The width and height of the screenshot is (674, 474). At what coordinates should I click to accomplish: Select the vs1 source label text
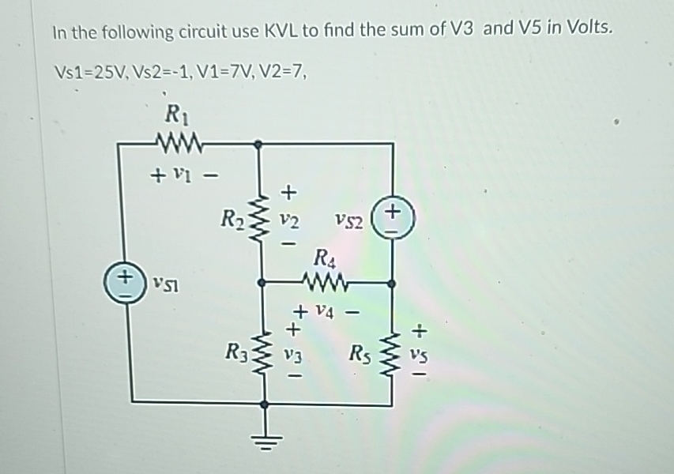(161, 282)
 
